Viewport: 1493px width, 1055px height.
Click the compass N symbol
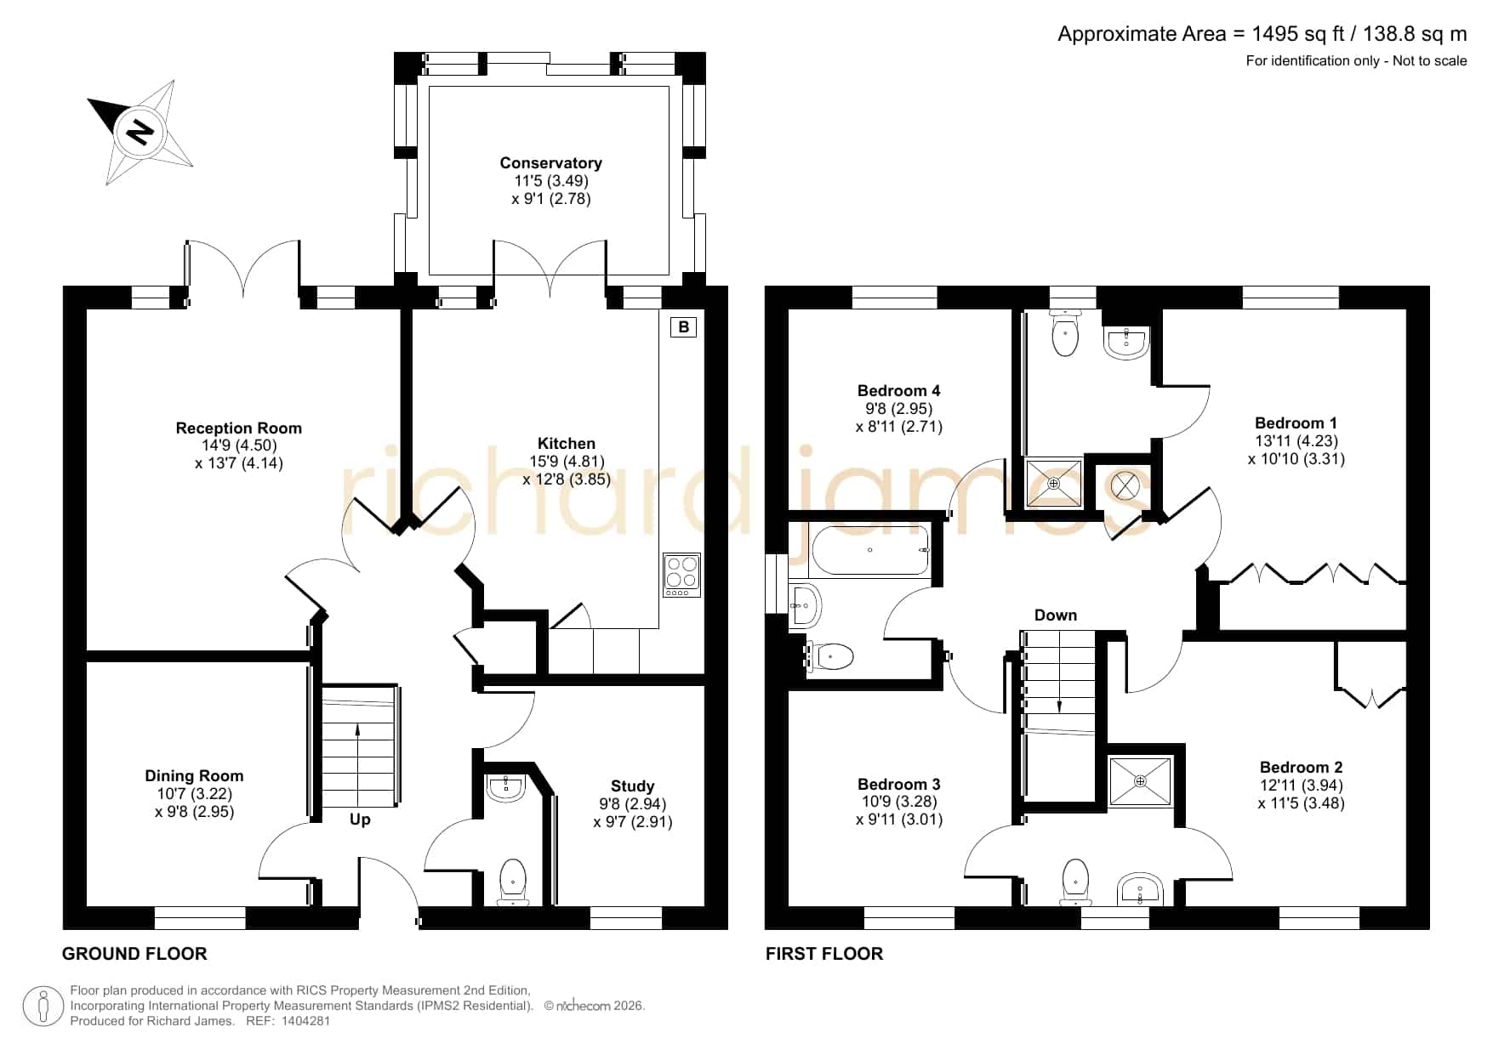(x=140, y=133)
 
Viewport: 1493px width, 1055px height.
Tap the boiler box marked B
(x=684, y=326)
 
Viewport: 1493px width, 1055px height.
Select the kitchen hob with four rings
(x=681, y=575)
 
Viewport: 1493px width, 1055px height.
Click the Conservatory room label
(x=550, y=163)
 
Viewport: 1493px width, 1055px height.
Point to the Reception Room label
(x=239, y=428)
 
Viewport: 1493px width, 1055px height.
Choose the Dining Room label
(x=194, y=775)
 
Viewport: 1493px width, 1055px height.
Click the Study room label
(x=633, y=786)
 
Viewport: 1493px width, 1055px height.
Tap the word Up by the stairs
(x=360, y=820)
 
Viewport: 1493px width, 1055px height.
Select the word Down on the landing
(x=1056, y=615)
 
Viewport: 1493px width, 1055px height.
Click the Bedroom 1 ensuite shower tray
(x=1054, y=483)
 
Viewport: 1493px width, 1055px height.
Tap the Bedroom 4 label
(x=899, y=391)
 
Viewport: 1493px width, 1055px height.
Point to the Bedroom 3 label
(x=899, y=785)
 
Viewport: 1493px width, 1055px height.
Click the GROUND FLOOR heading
(x=134, y=954)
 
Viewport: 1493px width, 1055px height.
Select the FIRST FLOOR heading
(x=824, y=954)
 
